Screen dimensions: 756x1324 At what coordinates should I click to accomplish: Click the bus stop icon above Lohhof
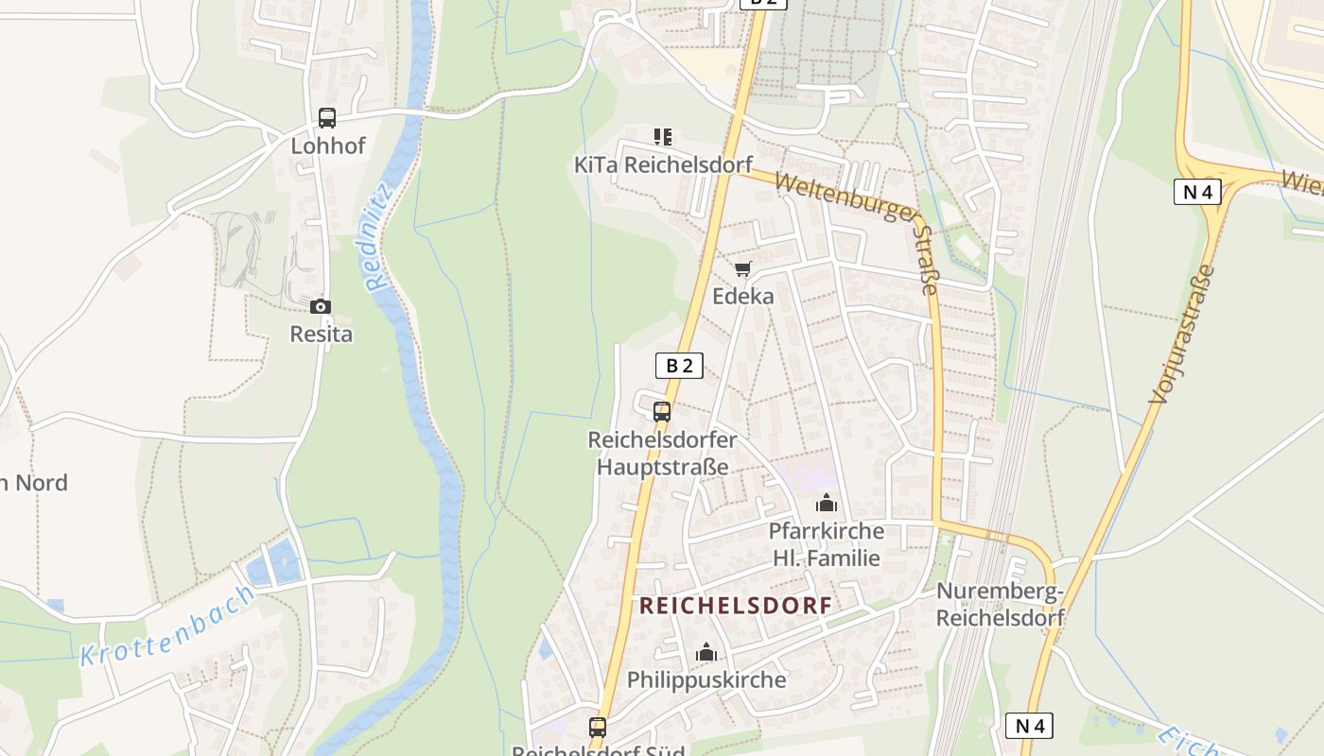tap(326, 118)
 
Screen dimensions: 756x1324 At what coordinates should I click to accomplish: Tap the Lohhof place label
tap(327, 146)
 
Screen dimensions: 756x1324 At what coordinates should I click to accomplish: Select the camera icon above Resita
tap(321, 306)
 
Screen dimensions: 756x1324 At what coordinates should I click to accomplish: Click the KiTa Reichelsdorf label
tap(663, 164)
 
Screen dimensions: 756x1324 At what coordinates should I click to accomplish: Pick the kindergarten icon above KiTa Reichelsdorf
tap(663, 137)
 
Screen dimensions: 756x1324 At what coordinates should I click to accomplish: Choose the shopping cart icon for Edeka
tap(743, 269)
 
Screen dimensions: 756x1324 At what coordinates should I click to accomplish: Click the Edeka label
tap(742, 296)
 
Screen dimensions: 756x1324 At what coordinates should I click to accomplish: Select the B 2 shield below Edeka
tap(679, 366)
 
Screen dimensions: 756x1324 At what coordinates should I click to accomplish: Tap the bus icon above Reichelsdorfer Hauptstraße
tap(662, 412)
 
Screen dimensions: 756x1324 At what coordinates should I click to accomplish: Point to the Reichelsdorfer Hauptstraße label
tap(662, 454)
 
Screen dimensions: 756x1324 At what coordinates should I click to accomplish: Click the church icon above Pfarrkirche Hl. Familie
tap(827, 503)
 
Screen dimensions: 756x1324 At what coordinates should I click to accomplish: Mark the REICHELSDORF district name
tap(736, 606)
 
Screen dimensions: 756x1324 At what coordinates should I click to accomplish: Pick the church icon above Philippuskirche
tap(706, 652)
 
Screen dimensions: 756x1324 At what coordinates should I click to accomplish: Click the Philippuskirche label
tap(706, 679)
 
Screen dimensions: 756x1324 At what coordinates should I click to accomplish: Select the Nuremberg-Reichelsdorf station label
tap(1000, 604)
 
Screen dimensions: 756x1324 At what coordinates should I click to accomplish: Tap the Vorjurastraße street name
tap(1181, 335)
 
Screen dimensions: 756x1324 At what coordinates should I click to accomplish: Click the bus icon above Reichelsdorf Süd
tap(598, 727)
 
